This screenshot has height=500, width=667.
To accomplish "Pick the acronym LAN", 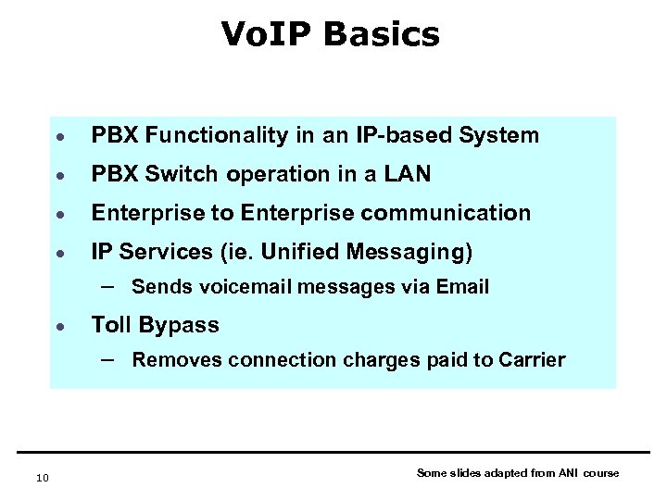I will click(x=409, y=174).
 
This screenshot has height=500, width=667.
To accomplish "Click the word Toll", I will click(x=111, y=325).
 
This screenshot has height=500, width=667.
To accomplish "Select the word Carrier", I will click(x=532, y=360).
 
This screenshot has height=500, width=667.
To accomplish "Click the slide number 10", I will click(x=41, y=477).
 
